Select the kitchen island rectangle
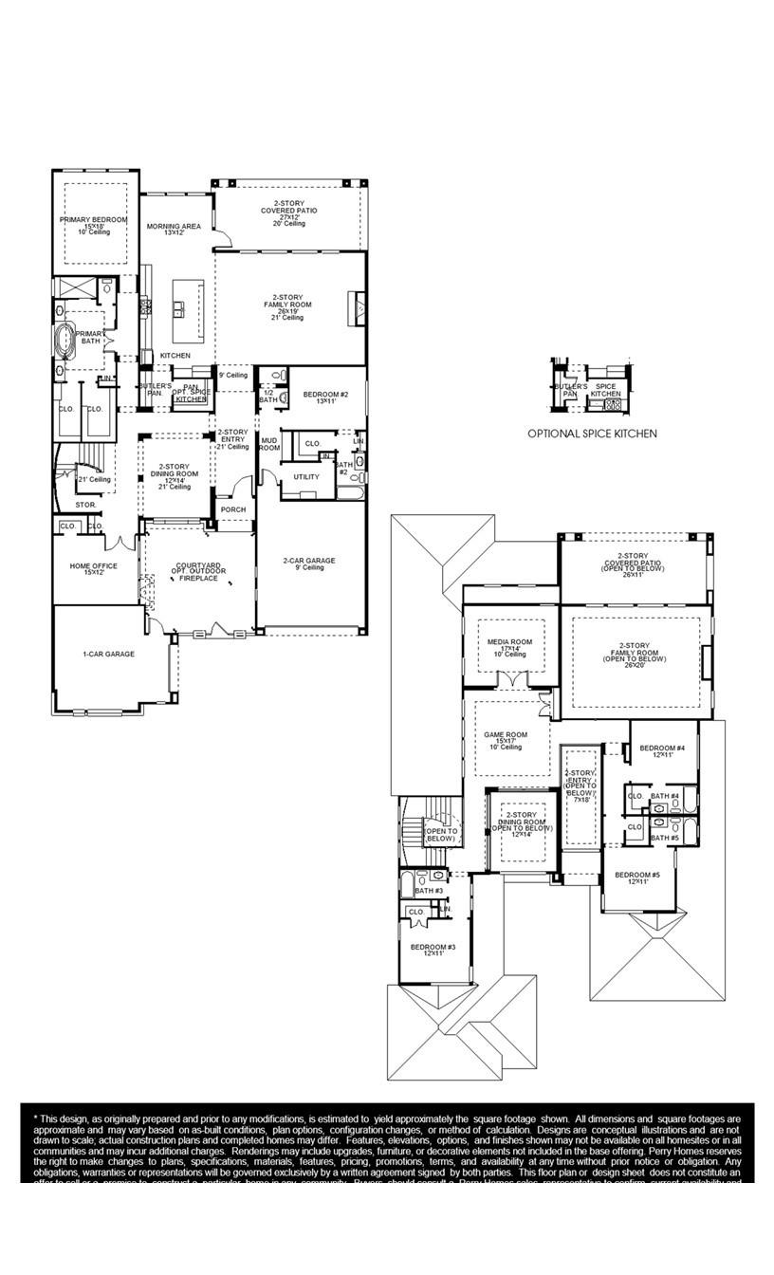(x=188, y=310)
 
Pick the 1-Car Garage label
(x=107, y=654)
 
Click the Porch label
(x=233, y=509)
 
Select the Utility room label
(x=306, y=476)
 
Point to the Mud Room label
(x=269, y=444)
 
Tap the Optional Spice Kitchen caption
(x=592, y=434)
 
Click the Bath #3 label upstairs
(x=429, y=891)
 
